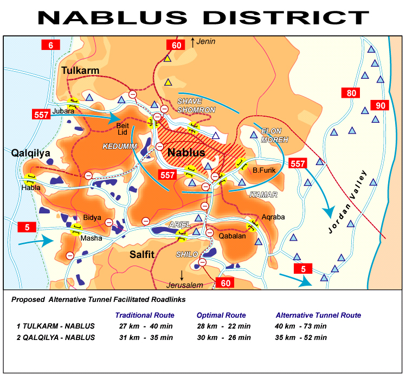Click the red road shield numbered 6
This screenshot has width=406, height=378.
pyautogui.click(x=50, y=45)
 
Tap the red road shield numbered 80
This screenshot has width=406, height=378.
pyautogui.click(x=351, y=93)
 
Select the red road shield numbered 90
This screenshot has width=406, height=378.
pyautogui.click(x=379, y=105)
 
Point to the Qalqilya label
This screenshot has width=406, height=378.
pyautogui.click(x=30, y=153)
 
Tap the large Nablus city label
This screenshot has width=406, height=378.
pyautogui.click(x=186, y=153)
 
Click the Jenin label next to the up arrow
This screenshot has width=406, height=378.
pyautogui.click(x=207, y=41)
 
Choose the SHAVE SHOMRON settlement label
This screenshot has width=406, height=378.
pyautogui.click(x=196, y=105)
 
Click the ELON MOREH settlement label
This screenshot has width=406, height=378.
pyautogui.click(x=275, y=135)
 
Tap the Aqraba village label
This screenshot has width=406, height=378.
pyautogui.click(x=273, y=217)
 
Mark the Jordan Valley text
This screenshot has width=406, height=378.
pyautogui.click(x=349, y=203)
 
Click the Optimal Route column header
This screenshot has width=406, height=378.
pyautogui.click(x=221, y=315)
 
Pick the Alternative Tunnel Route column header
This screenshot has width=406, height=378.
pyautogui.click(x=318, y=315)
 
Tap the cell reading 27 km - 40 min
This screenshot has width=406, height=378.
pyautogui.click(x=146, y=326)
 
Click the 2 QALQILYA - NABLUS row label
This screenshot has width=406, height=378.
pyautogui.click(x=56, y=337)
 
